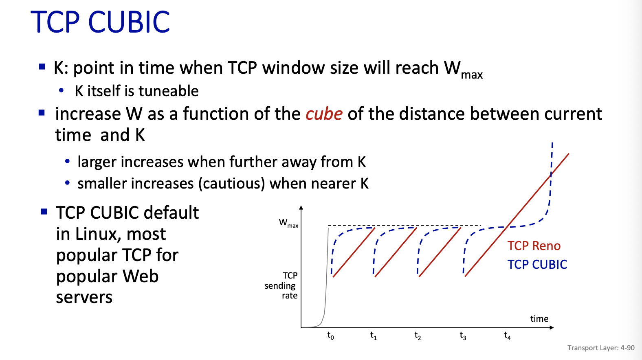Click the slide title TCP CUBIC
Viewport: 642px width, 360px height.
pyautogui.click(x=100, y=22)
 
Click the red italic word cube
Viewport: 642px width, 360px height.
pyautogui.click(x=324, y=114)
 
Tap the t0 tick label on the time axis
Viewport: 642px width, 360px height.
pyautogui.click(x=330, y=335)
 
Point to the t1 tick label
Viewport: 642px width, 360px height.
pyautogui.click(x=374, y=335)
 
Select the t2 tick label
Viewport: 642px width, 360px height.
pyautogui.click(x=418, y=335)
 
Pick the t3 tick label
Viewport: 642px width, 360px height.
pyautogui.click(x=463, y=335)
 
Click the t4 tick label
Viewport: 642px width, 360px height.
pyautogui.click(x=507, y=335)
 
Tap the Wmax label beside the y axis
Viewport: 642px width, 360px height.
pyautogui.click(x=288, y=223)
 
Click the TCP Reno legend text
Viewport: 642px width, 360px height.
pyautogui.click(x=534, y=246)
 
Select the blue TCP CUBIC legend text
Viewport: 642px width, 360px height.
pyautogui.click(x=537, y=264)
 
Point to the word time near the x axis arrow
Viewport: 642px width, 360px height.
pyautogui.click(x=539, y=319)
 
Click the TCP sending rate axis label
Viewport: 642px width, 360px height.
pyautogui.click(x=281, y=285)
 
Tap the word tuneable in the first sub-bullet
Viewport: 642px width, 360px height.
pyautogui.click(x=169, y=91)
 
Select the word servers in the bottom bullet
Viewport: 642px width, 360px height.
pyautogui.click(x=84, y=298)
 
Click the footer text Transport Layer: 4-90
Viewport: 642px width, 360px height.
pyautogui.click(x=601, y=348)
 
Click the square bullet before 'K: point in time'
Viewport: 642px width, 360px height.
pyautogui.click(x=42, y=67)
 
